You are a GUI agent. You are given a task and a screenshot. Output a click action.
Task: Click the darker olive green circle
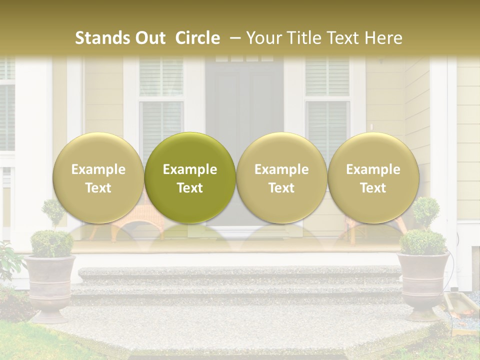coord(190,177)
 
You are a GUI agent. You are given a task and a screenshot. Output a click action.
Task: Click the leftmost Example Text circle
coord(98,177)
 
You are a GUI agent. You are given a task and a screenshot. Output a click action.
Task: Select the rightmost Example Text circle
coord(373,177)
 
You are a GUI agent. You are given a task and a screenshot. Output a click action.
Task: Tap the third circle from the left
coord(281,177)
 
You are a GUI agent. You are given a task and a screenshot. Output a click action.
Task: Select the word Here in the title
coord(385,38)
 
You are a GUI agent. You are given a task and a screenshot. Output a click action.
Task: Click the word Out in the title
coord(150,38)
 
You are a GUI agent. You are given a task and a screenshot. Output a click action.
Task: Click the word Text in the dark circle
coord(190,188)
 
